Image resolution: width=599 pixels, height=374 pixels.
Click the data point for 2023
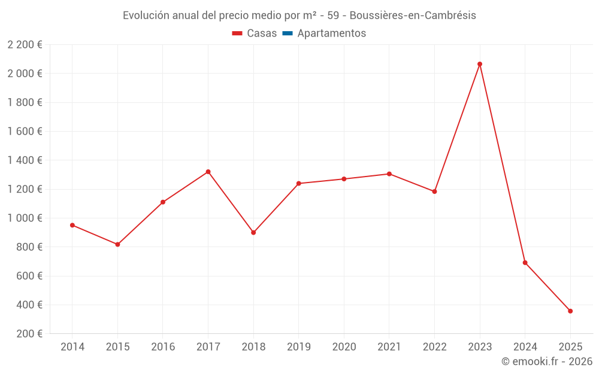(480, 64)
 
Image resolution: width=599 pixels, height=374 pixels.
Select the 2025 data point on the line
(570, 311)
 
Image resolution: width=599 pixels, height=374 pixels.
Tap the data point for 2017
(208, 172)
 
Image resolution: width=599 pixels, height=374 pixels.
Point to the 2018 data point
(253, 233)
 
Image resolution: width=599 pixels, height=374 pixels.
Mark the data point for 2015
(117, 245)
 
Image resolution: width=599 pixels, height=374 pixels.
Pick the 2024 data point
(525, 263)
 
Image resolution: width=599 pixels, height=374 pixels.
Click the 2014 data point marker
(72, 225)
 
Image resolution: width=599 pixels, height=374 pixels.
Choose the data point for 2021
(389, 174)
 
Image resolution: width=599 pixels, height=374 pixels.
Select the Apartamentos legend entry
(331, 34)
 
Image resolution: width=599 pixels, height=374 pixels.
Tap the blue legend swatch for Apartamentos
(288, 34)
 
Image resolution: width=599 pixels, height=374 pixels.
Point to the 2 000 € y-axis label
(25, 74)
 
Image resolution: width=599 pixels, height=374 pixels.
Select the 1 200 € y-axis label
(25, 189)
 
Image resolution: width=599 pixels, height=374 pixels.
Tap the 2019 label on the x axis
(299, 347)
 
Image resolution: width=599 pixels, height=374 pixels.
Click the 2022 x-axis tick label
(434, 347)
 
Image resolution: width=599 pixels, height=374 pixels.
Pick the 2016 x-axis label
(163, 347)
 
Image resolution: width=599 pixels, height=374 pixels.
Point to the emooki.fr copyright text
(546, 361)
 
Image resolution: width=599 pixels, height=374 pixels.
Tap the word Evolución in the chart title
(146, 16)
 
